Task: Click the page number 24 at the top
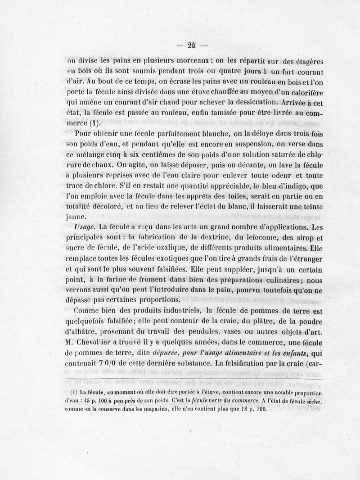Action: pyautogui.click(x=192, y=45)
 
